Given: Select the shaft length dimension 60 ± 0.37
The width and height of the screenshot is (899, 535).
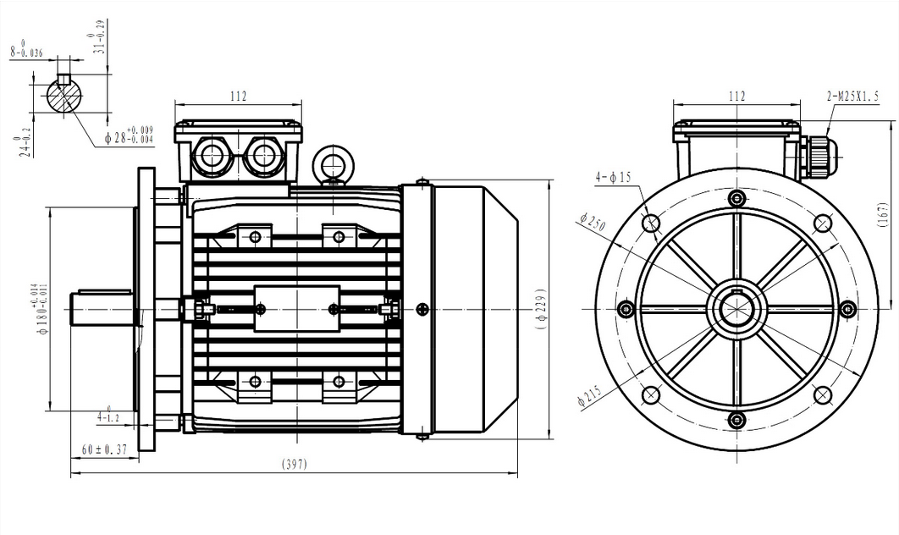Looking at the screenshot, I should (x=104, y=450).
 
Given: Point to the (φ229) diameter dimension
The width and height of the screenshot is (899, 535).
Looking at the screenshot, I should (x=543, y=310).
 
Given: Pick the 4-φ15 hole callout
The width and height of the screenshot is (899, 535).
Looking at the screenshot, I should (x=614, y=178).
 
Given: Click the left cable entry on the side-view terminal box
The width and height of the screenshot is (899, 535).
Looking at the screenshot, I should (x=208, y=155).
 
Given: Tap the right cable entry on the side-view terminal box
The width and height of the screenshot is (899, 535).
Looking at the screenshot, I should (x=264, y=155).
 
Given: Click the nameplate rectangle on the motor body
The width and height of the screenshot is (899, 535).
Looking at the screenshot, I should (x=296, y=308).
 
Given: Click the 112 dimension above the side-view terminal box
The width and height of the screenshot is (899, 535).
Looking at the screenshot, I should (x=238, y=97).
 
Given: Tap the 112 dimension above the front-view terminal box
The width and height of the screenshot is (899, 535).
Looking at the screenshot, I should (x=736, y=97).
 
